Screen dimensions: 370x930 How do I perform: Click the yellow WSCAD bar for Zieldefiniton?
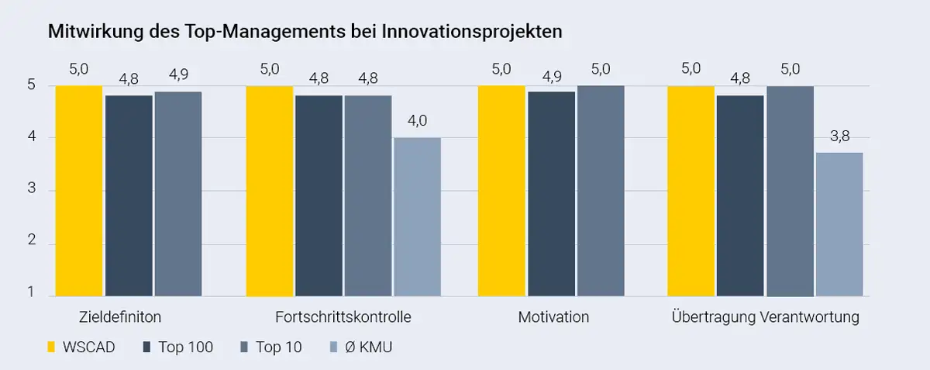pos(79,191)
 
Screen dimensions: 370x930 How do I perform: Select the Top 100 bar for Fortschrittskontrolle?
pos(319,195)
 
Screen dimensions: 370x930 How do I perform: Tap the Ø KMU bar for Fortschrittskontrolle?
pos(417,217)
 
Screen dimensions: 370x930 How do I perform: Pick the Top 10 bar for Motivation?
pos(601,191)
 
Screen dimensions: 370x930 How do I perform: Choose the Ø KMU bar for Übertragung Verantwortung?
pos(839,224)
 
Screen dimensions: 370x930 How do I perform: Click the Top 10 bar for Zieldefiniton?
pos(177,194)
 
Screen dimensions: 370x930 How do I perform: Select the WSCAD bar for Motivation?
pos(501,191)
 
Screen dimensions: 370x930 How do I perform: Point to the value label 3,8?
pos(839,136)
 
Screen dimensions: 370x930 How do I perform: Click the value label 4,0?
pos(417,120)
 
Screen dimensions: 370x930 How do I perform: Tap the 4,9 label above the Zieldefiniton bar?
pos(177,75)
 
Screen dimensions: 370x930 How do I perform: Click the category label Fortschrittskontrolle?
pos(343,317)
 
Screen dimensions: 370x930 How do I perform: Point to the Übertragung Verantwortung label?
pos(766,317)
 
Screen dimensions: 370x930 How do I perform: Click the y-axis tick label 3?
pos(32,191)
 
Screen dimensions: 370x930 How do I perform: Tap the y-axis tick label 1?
pos(32,292)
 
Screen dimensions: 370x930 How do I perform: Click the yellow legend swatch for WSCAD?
pos(52,347)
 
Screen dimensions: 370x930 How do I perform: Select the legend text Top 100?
pos(185,347)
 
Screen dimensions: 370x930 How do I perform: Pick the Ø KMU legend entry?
pos(368,347)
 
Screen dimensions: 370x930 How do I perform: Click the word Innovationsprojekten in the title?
pos(477,32)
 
